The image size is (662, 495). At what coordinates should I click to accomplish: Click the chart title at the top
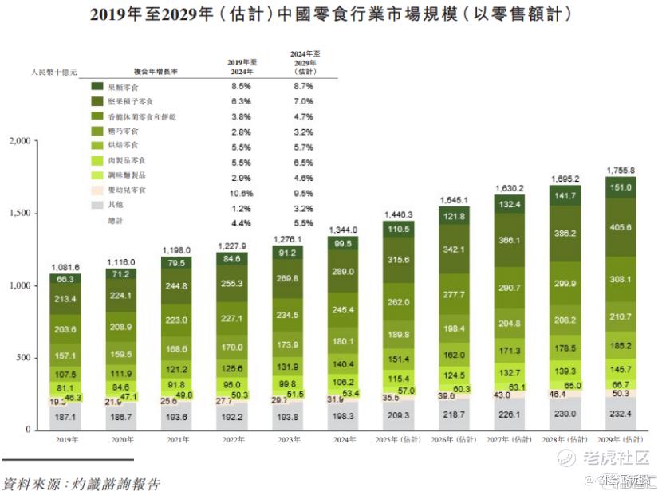point(331,14)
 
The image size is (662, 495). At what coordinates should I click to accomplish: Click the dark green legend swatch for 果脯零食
point(97,86)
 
